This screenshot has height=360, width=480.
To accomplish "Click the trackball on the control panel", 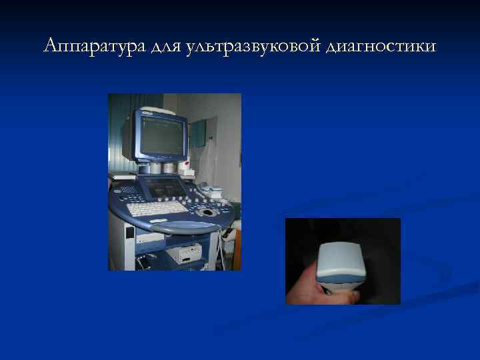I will pos(208,212).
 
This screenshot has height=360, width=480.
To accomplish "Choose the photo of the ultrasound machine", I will pos(175,181).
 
